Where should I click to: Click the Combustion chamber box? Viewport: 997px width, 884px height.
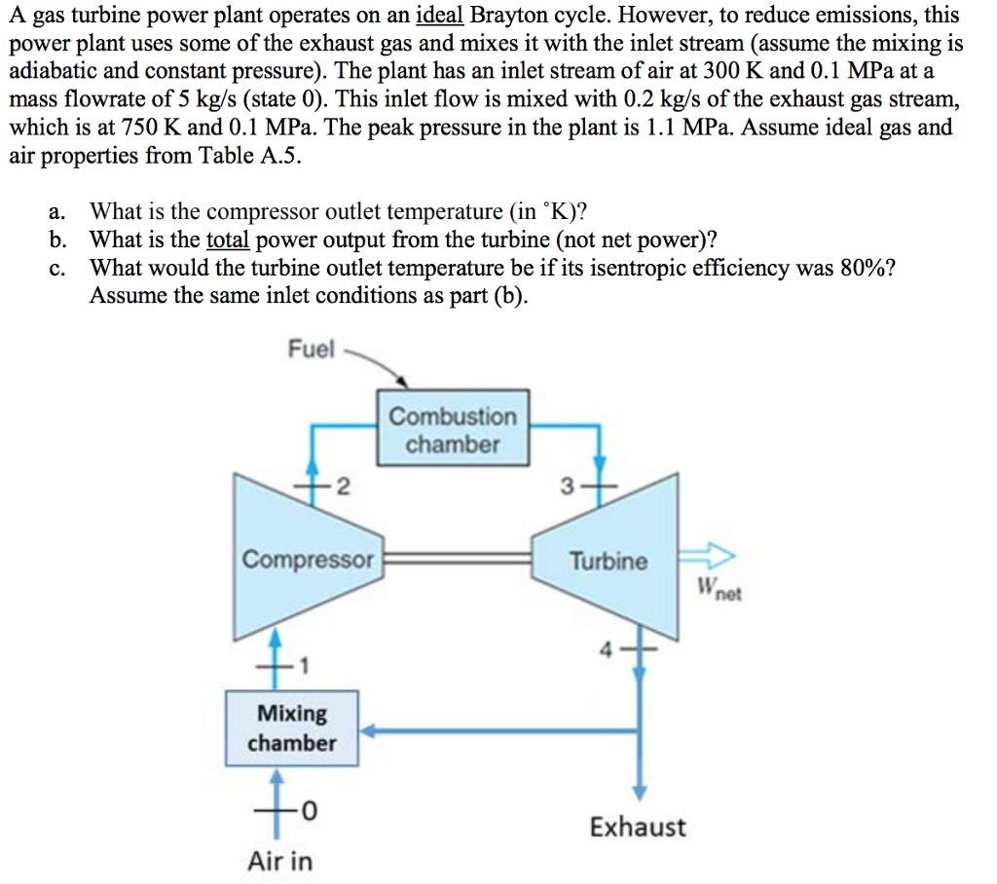(453, 430)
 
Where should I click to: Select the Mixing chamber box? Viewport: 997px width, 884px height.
(291, 727)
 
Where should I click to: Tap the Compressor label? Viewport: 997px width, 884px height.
(308, 560)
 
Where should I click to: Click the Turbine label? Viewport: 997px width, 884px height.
(608, 561)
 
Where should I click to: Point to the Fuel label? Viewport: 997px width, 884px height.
(311, 348)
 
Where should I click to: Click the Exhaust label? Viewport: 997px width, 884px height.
(637, 827)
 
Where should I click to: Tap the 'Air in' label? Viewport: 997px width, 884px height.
(280, 861)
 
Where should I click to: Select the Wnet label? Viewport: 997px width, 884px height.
(719, 588)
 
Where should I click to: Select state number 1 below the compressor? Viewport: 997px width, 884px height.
(305, 667)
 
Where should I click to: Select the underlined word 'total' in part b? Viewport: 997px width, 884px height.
(229, 240)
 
